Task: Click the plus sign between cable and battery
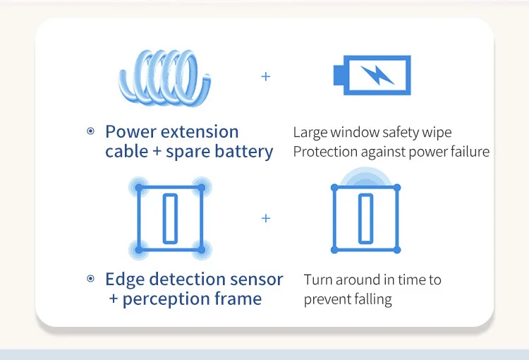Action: click(266, 76)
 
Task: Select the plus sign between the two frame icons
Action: click(266, 219)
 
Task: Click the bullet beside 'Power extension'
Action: click(90, 131)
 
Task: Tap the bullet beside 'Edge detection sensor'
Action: click(90, 279)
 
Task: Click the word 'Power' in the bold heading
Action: click(130, 132)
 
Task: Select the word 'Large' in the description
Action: click(309, 132)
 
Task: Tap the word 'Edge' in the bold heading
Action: click(124, 280)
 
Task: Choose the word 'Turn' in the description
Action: click(318, 280)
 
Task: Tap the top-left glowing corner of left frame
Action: click(139, 188)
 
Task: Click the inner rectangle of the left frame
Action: click(170, 218)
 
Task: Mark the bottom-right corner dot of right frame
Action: click(397, 249)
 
